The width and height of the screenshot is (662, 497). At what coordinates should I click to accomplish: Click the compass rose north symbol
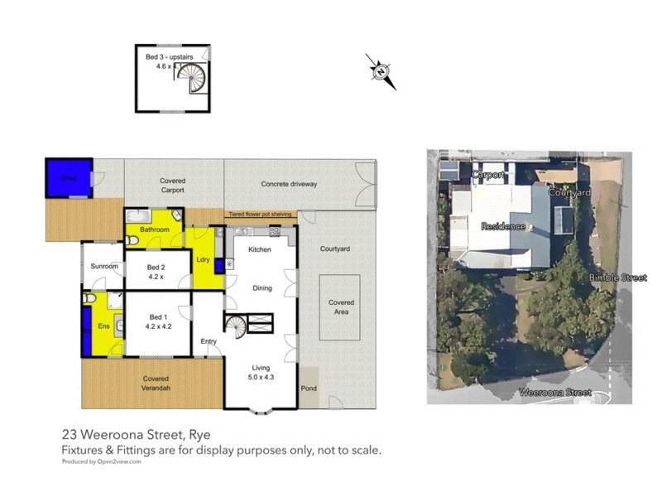click(381, 71)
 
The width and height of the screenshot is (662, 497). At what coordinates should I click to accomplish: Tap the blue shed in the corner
click(68, 178)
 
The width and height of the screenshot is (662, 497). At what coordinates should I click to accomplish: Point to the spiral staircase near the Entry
click(236, 326)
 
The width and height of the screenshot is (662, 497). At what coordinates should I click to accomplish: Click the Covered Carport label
click(173, 185)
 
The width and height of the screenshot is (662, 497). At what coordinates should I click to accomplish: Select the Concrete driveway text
click(289, 184)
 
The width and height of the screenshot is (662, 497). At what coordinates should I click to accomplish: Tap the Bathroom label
click(155, 229)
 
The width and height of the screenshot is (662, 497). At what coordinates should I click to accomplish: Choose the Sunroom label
click(104, 268)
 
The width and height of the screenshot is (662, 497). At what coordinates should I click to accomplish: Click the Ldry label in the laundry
click(203, 259)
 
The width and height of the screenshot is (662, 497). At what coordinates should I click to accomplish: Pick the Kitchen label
click(260, 249)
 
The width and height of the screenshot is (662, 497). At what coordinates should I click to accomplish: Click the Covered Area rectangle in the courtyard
click(340, 307)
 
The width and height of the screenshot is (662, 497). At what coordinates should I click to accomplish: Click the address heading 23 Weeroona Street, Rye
click(142, 434)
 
